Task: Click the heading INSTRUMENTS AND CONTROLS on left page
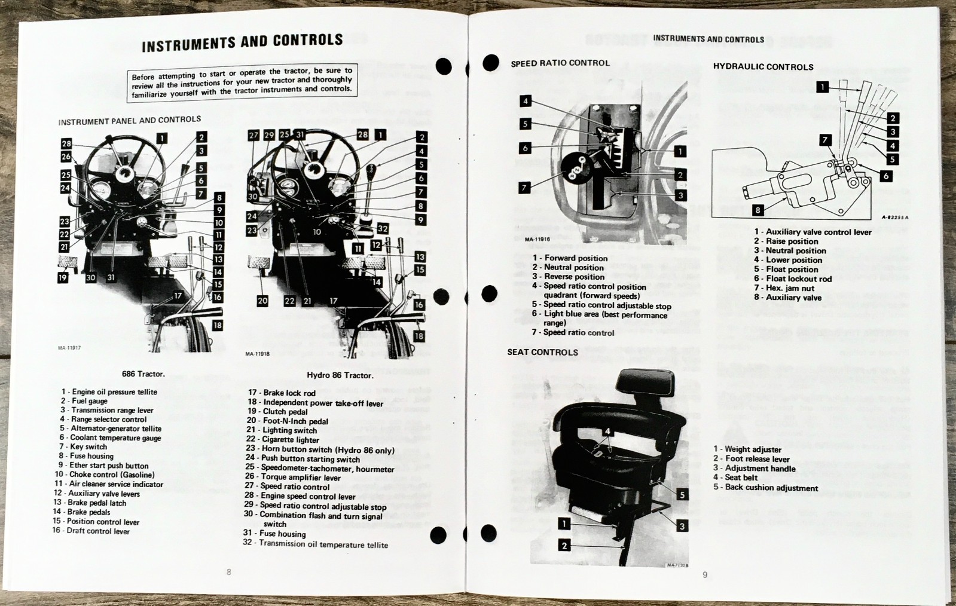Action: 242,42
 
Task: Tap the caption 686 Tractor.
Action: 143,374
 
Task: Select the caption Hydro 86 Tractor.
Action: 340,375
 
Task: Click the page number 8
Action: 228,572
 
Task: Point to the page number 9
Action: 704,574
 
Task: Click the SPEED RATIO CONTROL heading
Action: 560,63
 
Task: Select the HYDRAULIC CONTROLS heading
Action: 763,67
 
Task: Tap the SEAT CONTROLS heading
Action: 542,352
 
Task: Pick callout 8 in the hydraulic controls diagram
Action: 758,210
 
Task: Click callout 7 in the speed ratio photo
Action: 524,188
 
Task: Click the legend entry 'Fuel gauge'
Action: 89,401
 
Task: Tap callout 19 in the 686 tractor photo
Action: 63,278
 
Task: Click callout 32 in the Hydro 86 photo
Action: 383,228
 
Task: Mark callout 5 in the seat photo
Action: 682,494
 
